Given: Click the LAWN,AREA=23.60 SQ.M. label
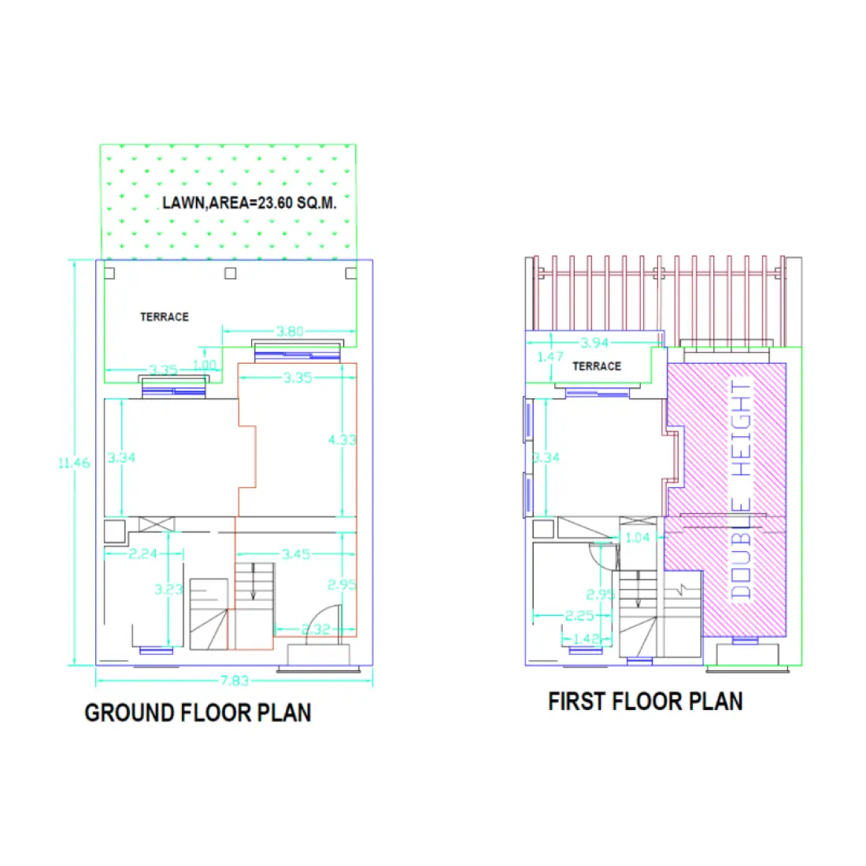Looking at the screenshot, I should coord(250,203).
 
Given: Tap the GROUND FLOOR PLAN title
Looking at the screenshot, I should coord(198,712).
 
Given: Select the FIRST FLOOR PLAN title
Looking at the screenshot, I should coord(646,701).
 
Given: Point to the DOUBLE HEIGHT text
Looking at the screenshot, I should coord(742,490).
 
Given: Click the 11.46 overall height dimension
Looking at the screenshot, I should coord(73,463).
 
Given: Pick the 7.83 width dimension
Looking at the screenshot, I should coord(234,681).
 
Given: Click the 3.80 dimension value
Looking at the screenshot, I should coord(290,331).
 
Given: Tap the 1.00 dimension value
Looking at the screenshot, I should coord(204,365).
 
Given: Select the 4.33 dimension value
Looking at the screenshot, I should coord(342,439).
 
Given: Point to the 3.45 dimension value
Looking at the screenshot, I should coord(295,554).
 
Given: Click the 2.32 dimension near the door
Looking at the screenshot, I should coord(315,629).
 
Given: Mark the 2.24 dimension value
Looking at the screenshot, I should coord(143,554).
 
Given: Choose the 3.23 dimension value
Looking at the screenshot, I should coord(168,589).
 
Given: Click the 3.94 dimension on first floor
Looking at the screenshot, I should coord(594,342).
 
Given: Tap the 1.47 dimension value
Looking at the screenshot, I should coord(550,357).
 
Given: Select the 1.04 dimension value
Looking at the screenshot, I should coord(637,538).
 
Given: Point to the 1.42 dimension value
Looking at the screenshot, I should coord(587,638).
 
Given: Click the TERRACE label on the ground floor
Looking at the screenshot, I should coord(165,316).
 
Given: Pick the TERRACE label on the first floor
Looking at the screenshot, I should coord(597,366).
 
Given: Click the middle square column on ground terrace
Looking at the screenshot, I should coord(230,273).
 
